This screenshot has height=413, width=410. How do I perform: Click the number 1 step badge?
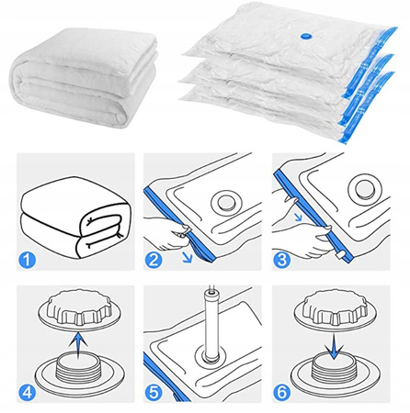pyautogui.click(x=28, y=260)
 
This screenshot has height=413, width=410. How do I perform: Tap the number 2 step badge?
pyautogui.click(x=154, y=260)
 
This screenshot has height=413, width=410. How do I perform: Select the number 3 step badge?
pyautogui.click(x=282, y=260)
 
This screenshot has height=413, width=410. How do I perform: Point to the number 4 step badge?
pyautogui.click(x=28, y=393)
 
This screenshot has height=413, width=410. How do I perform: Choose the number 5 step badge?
pyautogui.click(x=154, y=393)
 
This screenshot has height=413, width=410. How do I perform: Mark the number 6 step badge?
pyautogui.click(x=282, y=393)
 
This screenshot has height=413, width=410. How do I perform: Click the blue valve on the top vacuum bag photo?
pyautogui.click(x=306, y=36)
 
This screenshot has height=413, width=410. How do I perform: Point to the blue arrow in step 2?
pyautogui.click(x=188, y=257)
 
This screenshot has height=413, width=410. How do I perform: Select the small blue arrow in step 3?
pyautogui.click(x=298, y=217)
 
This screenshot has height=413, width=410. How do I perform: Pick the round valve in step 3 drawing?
pyautogui.click(x=364, y=188)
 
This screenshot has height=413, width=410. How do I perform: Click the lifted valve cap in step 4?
pyautogui.click(x=80, y=309)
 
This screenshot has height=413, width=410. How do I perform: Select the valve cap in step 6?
pyautogui.click(x=336, y=309)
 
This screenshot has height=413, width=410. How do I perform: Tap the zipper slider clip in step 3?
pyautogui.click(x=340, y=255)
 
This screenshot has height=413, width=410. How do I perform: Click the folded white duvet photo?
pyautogui.click(x=85, y=78)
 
